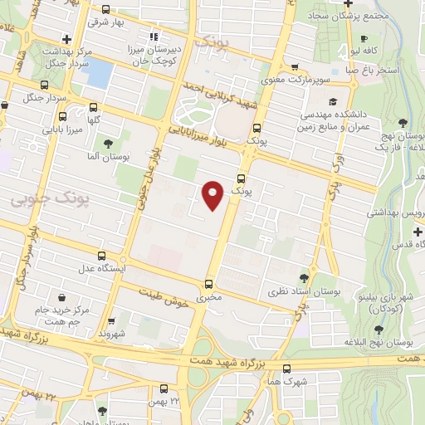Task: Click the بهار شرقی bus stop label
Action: [x=108, y=22]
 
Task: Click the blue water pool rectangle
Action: [x=98, y=73]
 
